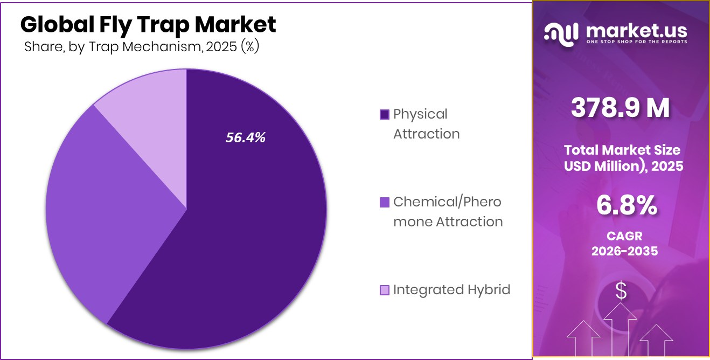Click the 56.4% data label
(x=245, y=138)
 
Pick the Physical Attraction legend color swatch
(x=384, y=115)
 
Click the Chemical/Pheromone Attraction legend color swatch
(x=384, y=203)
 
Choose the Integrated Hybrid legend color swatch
(x=384, y=290)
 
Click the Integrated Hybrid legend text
(x=451, y=290)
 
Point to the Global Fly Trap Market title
(x=148, y=25)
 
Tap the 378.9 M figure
(x=621, y=108)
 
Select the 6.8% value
(x=626, y=206)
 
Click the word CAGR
(x=624, y=236)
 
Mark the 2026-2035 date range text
(x=624, y=251)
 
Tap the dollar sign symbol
(x=621, y=291)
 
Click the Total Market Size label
(x=622, y=150)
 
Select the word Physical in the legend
(x=420, y=114)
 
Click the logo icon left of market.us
(x=561, y=33)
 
